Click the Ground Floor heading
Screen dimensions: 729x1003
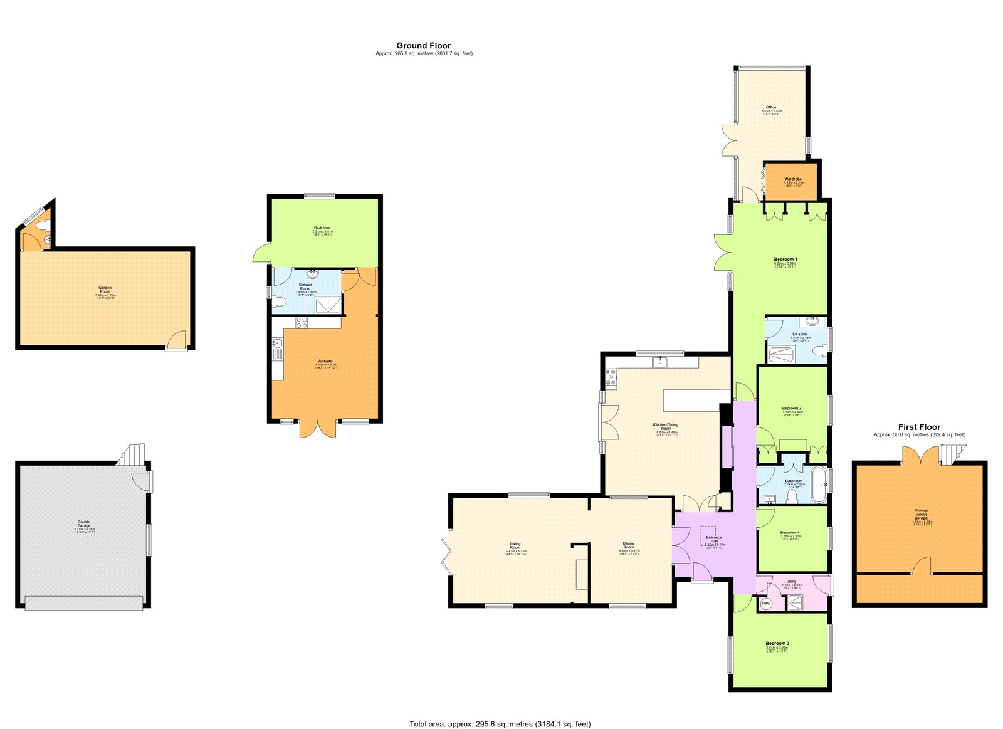424,46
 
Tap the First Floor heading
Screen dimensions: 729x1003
919,427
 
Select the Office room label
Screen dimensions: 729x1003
771,108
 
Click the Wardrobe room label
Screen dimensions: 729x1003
793,179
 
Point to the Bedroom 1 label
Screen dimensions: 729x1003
785,260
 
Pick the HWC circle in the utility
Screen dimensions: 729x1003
766,604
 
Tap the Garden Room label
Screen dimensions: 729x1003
105,289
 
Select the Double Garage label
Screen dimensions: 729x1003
83,523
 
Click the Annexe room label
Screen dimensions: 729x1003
325,362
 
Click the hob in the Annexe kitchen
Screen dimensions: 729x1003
302,323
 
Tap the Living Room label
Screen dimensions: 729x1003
515,545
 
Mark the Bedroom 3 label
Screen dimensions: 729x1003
777,644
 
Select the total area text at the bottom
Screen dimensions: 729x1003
500,724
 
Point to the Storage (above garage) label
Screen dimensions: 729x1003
921,514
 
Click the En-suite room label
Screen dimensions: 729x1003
800,335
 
